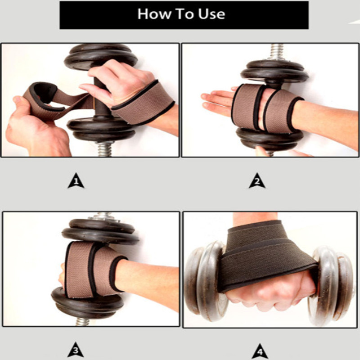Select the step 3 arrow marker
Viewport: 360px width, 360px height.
click(x=76, y=349)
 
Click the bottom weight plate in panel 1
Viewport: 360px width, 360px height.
click(x=97, y=128)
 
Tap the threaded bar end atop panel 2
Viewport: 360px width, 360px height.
click(x=277, y=52)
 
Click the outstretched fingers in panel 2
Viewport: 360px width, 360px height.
click(x=216, y=101)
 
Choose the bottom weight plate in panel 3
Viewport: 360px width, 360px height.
click(x=88, y=304)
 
